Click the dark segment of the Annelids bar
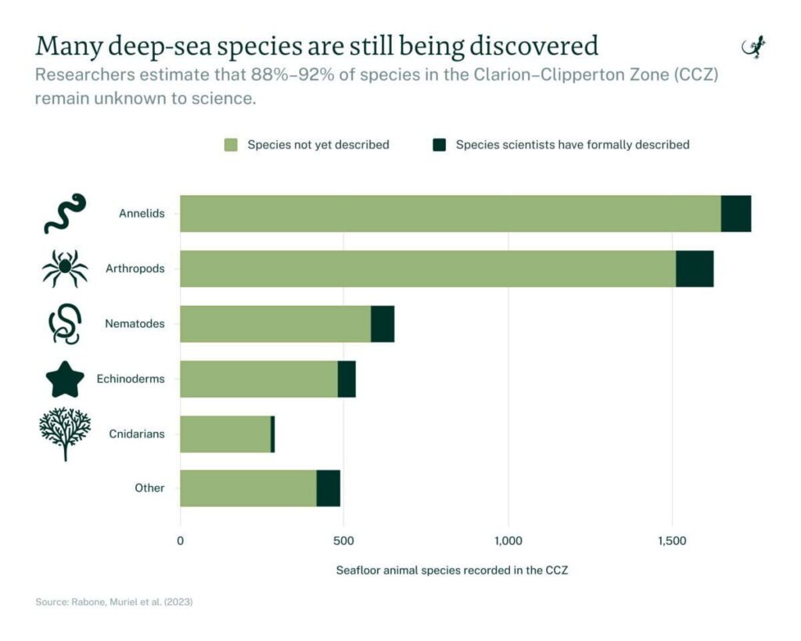(735, 214)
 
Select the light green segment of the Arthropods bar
(427, 268)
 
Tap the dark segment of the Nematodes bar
(383, 324)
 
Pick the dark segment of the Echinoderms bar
(347, 379)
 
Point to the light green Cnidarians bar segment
(225, 434)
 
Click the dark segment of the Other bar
(329, 488)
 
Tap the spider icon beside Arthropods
(65, 268)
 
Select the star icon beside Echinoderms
(65, 380)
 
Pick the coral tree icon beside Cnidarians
(65, 433)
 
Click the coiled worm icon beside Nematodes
(65, 324)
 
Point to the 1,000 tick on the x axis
(508, 541)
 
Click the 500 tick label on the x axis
(344, 541)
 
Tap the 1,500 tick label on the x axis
(673, 541)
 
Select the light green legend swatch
(230, 145)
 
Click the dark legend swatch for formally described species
(439, 145)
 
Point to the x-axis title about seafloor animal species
(452, 571)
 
